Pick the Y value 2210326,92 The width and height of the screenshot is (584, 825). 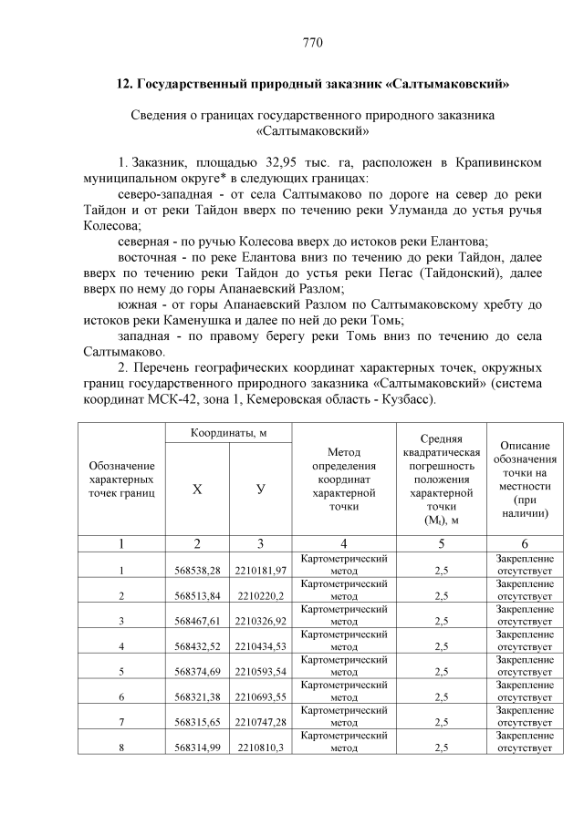(261, 622)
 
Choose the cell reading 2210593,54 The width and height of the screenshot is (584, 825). (261, 673)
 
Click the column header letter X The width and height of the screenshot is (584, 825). (197, 490)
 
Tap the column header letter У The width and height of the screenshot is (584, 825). (261, 490)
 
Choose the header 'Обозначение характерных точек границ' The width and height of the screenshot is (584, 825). (121, 480)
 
